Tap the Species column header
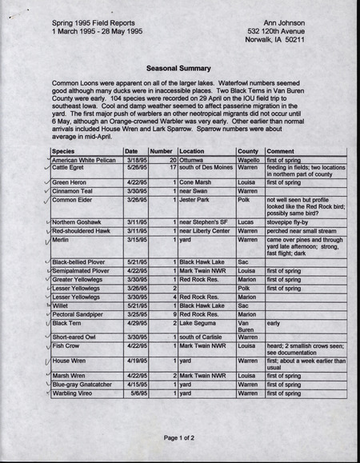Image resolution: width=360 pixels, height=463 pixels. click(x=64, y=151)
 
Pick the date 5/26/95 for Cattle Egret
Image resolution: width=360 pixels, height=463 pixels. click(x=135, y=168)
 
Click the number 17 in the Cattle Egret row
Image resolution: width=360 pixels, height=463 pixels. click(x=172, y=168)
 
